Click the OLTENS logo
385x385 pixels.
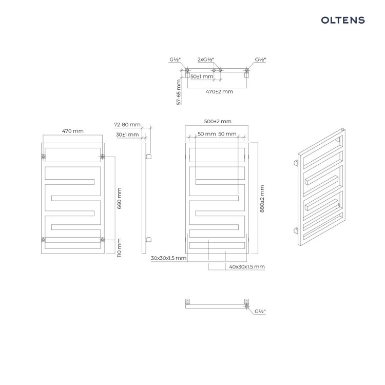[343, 20]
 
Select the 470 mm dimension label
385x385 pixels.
[73, 131]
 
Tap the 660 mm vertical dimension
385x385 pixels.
[119, 198]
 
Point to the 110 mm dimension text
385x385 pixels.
[119, 248]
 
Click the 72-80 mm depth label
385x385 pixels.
[127, 125]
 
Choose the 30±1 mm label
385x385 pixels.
[127, 134]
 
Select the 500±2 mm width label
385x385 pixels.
[218, 121]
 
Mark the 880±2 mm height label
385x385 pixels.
[262, 199]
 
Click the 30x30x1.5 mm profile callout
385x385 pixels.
[168, 258]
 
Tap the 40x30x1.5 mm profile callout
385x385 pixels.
[247, 266]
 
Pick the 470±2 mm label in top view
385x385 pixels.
[219, 91]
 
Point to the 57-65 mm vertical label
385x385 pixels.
[179, 92]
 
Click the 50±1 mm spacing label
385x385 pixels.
[202, 76]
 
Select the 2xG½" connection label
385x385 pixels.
[206, 60]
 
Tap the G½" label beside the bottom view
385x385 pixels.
[260, 312]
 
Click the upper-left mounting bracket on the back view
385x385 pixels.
[44, 157]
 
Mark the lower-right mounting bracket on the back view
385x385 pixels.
[102, 239]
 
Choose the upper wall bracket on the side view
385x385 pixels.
[148, 157]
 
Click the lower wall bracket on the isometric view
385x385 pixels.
[296, 230]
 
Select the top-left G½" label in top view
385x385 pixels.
[175, 60]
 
